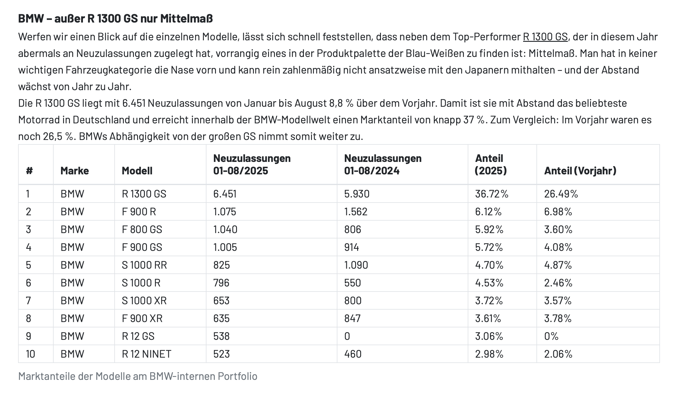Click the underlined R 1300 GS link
coord(545,37)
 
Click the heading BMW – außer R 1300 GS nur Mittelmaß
coord(116,18)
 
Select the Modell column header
coord(137,171)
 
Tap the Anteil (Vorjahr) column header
coord(580,171)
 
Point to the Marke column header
coord(75,171)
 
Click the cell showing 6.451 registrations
coord(225,194)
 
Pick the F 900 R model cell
coord(139,212)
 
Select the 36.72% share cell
coord(491,194)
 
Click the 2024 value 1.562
coord(356,212)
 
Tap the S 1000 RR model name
coord(144,265)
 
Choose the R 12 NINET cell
coord(146,354)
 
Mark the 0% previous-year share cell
coord(551,336)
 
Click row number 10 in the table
coord(30,354)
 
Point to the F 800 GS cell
coord(142,230)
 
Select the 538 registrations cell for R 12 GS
coord(221,336)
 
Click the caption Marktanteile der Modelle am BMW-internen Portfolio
coord(138,376)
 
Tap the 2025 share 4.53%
coord(489,283)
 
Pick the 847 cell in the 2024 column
coord(352,318)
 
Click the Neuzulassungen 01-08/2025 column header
coord(252,164)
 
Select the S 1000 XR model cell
coord(144,301)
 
